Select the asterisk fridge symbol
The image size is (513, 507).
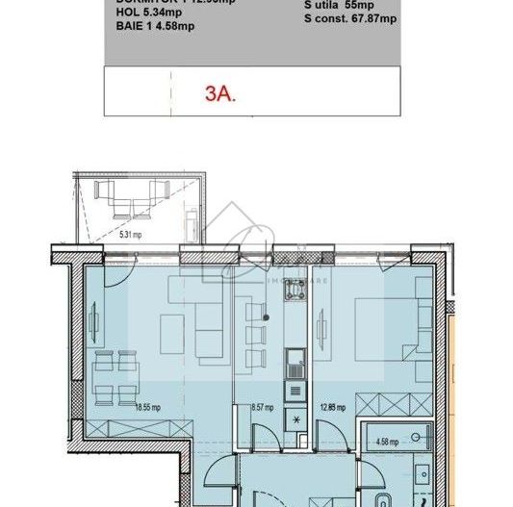[x=295, y=421]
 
